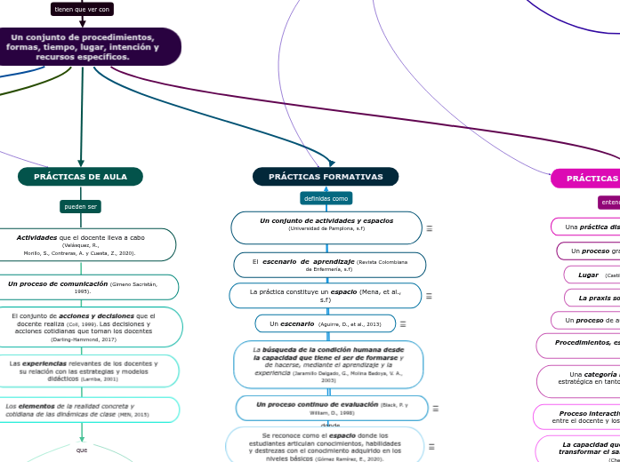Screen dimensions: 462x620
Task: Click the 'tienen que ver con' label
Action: point(82,9)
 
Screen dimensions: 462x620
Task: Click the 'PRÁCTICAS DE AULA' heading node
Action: point(80,177)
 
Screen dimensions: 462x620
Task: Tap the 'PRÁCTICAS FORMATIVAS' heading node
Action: point(326,177)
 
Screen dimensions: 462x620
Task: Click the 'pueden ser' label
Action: point(80,207)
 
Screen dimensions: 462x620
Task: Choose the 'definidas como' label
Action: point(326,198)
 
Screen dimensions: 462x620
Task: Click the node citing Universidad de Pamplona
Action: point(326,227)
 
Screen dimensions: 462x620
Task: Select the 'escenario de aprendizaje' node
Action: point(329,265)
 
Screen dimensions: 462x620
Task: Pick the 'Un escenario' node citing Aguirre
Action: point(325,323)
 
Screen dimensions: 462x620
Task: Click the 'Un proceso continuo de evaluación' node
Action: point(331,408)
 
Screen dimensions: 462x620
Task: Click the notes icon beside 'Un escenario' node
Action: point(403,324)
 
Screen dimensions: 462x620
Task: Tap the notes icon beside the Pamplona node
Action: point(430,228)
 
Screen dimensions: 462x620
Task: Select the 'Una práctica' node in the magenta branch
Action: point(587,227)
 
